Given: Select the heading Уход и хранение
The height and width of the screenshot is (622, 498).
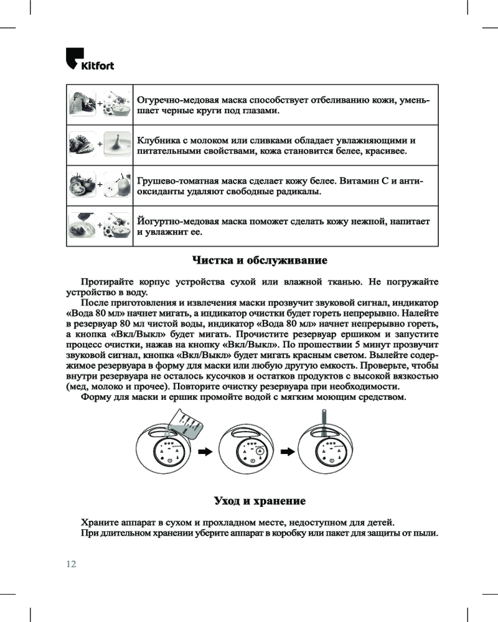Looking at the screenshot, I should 260,501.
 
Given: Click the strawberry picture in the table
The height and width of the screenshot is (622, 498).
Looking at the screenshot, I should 82,144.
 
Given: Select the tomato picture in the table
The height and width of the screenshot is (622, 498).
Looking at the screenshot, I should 82,184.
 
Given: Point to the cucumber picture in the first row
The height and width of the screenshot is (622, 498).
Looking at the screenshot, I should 82,103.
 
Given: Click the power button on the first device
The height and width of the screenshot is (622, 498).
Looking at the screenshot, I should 169,461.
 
